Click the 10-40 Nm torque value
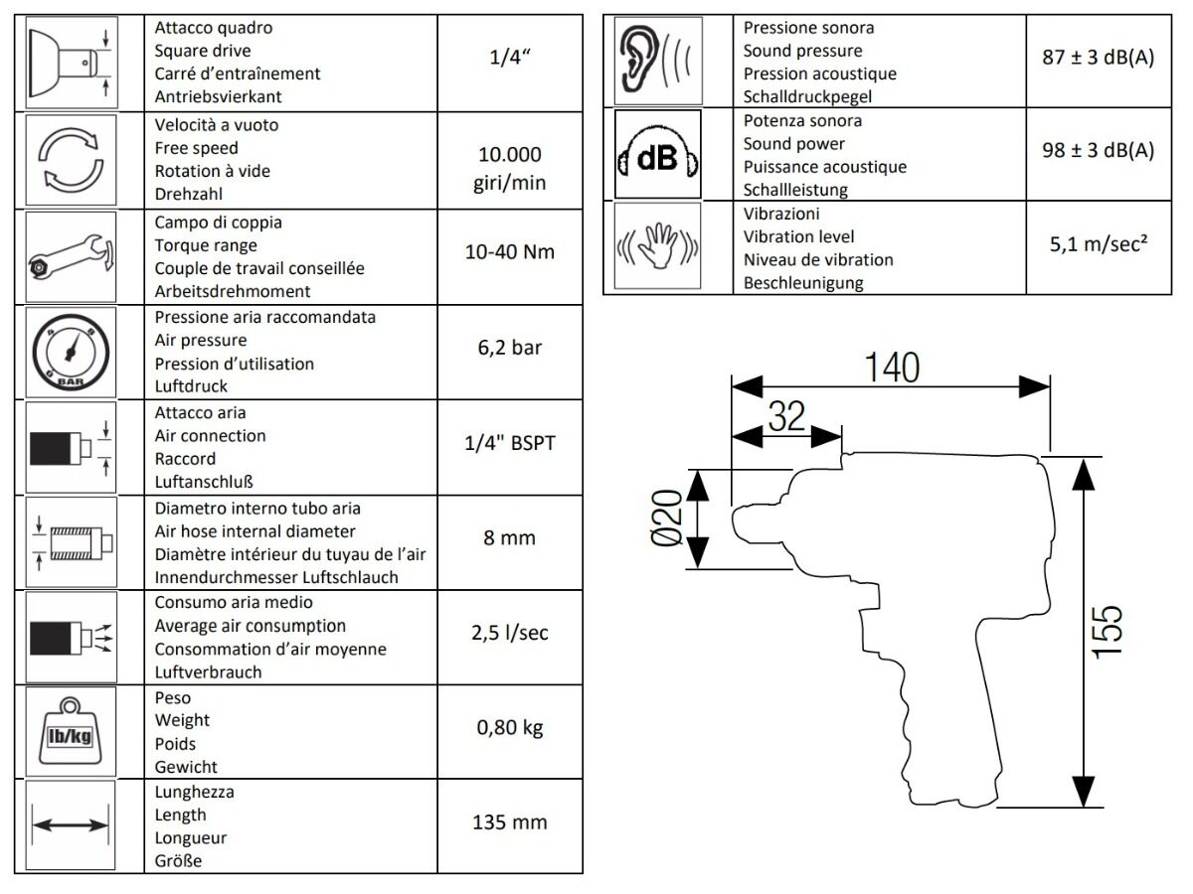coord(509,252)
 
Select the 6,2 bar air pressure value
coord(509,348)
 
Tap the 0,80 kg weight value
coord(509,727)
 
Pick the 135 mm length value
coord(509,821)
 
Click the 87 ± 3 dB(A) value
coord(1098,57)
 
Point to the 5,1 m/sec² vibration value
coord(1098,243)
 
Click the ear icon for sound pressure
coord(658,61)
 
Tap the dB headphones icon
coord(658,154)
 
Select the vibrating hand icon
coord(658,246)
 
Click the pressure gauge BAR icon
coord(71,353)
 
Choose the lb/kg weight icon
coord(71,731)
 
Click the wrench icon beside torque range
coord(71,256)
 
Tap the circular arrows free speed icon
coord(71,160)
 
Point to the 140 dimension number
coord(892,368)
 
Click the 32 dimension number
coord(786,416)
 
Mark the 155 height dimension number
coord(1108,632)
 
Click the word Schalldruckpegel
coord(807,96)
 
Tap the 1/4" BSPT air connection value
coord(509,443)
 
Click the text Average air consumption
coord(250,626)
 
